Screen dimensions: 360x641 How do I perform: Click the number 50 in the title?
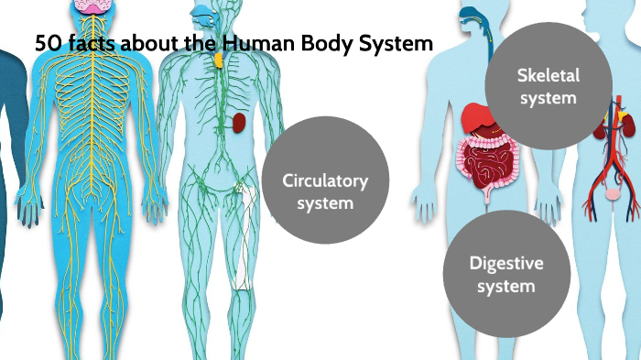tap(46, 44)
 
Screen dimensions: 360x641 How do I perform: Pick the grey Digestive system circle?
tap(506, 275)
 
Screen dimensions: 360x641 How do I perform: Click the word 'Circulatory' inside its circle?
tap(325, 180)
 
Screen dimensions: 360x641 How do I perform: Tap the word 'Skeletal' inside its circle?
tap(548, 75)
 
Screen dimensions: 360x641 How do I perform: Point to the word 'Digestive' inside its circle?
tap(506, 264)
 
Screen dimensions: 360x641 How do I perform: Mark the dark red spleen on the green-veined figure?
tap(240, 121)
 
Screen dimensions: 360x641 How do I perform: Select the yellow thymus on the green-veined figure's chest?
tap(218, 60)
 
